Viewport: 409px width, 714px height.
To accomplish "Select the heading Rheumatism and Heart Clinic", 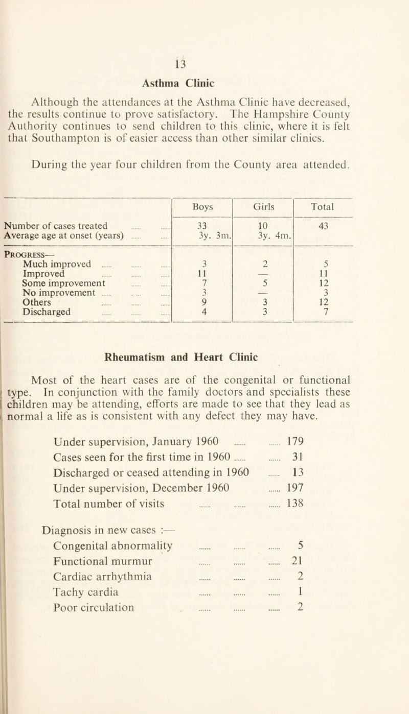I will point(204,369).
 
